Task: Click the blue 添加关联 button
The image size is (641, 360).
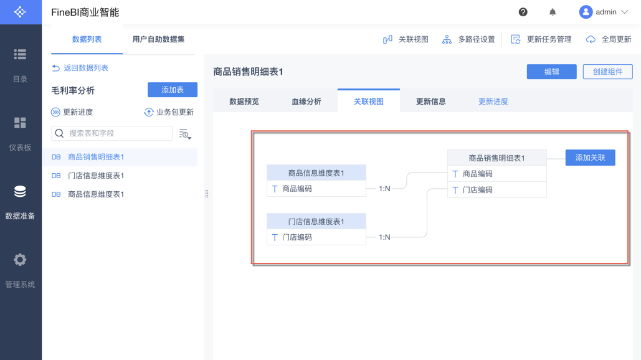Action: point(590,158)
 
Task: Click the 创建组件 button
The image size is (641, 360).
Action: point(607,72)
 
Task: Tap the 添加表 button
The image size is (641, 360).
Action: point(172,90)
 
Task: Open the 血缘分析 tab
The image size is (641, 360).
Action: point(306,102)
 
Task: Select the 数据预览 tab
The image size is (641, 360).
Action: point(244,102)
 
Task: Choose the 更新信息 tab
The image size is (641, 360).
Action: point(430,102)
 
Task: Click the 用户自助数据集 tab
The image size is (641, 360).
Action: point(158,39)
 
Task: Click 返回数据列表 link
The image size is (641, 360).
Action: point(85,68)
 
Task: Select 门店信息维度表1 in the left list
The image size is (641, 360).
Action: point(96,176)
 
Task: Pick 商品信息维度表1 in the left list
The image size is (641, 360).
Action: point(96,194)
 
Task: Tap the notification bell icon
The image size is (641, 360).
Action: point(553,12)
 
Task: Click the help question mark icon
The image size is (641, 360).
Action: point(523,12)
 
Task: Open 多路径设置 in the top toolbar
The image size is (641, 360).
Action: point(468,39)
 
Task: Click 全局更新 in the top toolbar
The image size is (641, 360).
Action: point(609,39)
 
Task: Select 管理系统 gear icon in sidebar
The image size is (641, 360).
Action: point(20,260)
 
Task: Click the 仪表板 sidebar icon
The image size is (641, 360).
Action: point(20,123)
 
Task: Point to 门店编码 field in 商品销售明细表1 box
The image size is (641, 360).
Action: point(477,190)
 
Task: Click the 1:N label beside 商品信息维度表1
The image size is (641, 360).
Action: point(384,189)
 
